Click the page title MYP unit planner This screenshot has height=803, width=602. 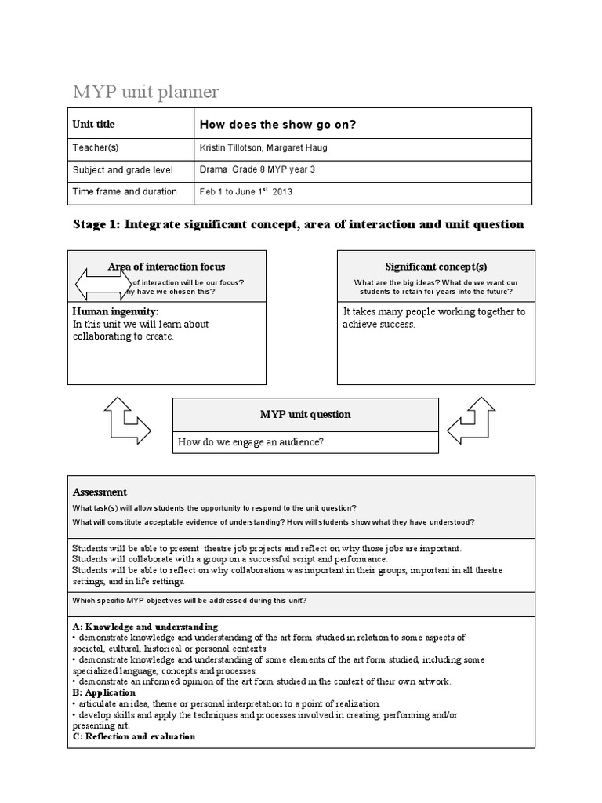[146, 92]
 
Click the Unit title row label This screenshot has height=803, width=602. [93, 124]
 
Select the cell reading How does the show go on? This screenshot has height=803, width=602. [278, 124]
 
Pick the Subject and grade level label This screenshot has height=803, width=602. [122, 169]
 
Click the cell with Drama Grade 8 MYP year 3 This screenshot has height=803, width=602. [258, 169]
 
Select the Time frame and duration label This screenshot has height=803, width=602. [125, 191]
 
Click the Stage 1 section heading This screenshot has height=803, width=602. [298, 225]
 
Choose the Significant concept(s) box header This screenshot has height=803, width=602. [436, 267]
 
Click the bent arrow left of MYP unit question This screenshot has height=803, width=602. [126, 423]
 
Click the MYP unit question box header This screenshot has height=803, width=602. [305, 414]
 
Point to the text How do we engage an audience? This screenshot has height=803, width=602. [251, 442]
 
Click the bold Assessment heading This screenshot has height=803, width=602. [100, 492]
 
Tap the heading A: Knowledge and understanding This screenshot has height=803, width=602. [145, 627]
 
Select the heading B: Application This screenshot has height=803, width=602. [99, 693]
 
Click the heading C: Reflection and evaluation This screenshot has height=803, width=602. [134, 737]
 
